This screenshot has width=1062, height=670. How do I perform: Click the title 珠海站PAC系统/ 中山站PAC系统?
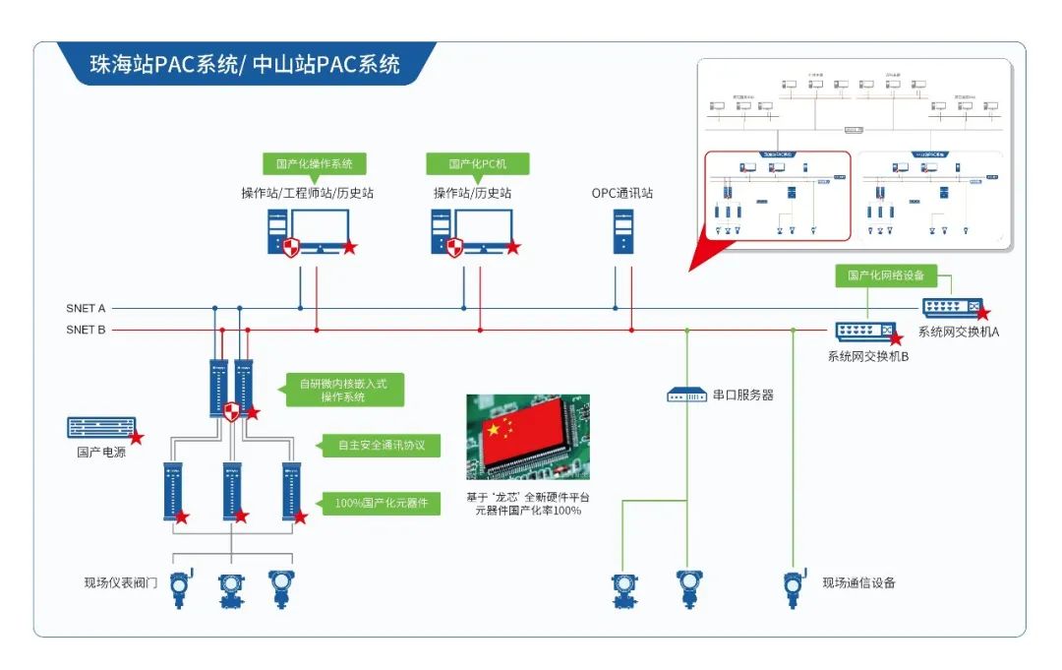coord(245,65)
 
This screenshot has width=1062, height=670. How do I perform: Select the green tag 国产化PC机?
coord(478,163)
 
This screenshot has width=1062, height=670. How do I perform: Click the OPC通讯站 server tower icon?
coord(623,231)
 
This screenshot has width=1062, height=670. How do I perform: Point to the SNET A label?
coord(86,309)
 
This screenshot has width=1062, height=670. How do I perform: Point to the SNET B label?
coord(86,331)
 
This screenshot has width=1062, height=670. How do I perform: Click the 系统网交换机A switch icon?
coord(951,307)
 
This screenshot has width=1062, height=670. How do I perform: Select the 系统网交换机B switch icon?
coord(864,331)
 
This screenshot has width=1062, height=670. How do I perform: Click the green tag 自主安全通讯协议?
coord(381,446)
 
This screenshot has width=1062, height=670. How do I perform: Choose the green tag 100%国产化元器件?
coord(381,503)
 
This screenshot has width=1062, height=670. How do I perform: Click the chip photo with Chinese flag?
coord(528,437)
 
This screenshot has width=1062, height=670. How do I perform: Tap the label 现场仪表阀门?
coord(121,582)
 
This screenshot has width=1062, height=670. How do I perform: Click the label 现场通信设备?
coord(858,582)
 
